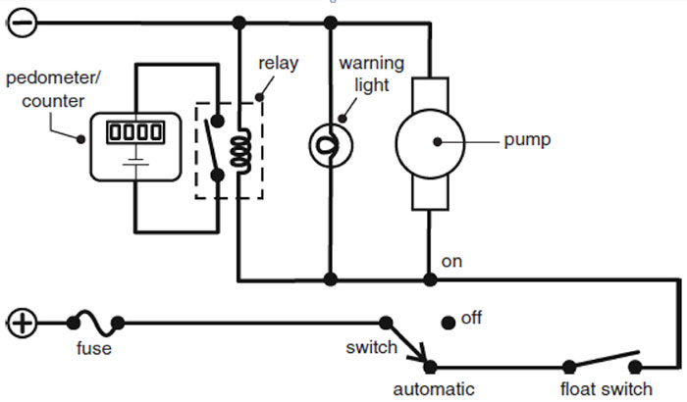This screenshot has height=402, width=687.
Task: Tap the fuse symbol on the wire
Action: (94, 321)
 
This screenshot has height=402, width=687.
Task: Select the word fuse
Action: (94, 348)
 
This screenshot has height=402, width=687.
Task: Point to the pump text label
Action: (527, 140)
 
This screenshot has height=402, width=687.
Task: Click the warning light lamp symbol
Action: (330, 144)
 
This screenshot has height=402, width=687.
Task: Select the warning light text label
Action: (365, 74)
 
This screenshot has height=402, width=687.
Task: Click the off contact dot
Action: (448, 321)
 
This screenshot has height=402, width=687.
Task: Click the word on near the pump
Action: (451, 262)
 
